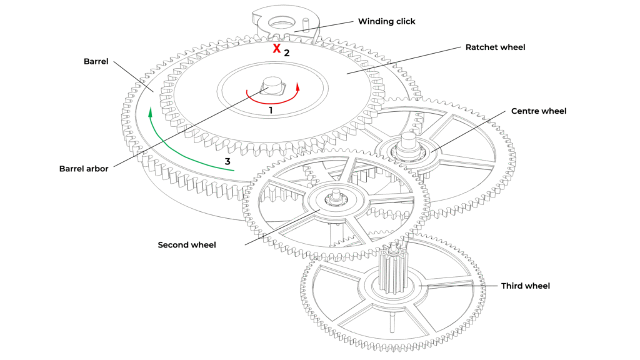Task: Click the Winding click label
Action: [x=386, y=21]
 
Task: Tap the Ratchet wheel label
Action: [x=496, y=47]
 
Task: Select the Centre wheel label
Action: [x=539, y=111]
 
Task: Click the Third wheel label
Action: [x=525, y=286]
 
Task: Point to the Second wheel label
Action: [x=187, y=245]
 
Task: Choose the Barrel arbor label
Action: [x=84, y=169]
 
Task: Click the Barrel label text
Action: [x=96, y=62]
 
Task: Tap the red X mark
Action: [x=276, y=49]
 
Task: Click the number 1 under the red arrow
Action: [x=271, y=110]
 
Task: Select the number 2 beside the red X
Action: [x=287, y=53]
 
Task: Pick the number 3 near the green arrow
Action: [x=228, y=161]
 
